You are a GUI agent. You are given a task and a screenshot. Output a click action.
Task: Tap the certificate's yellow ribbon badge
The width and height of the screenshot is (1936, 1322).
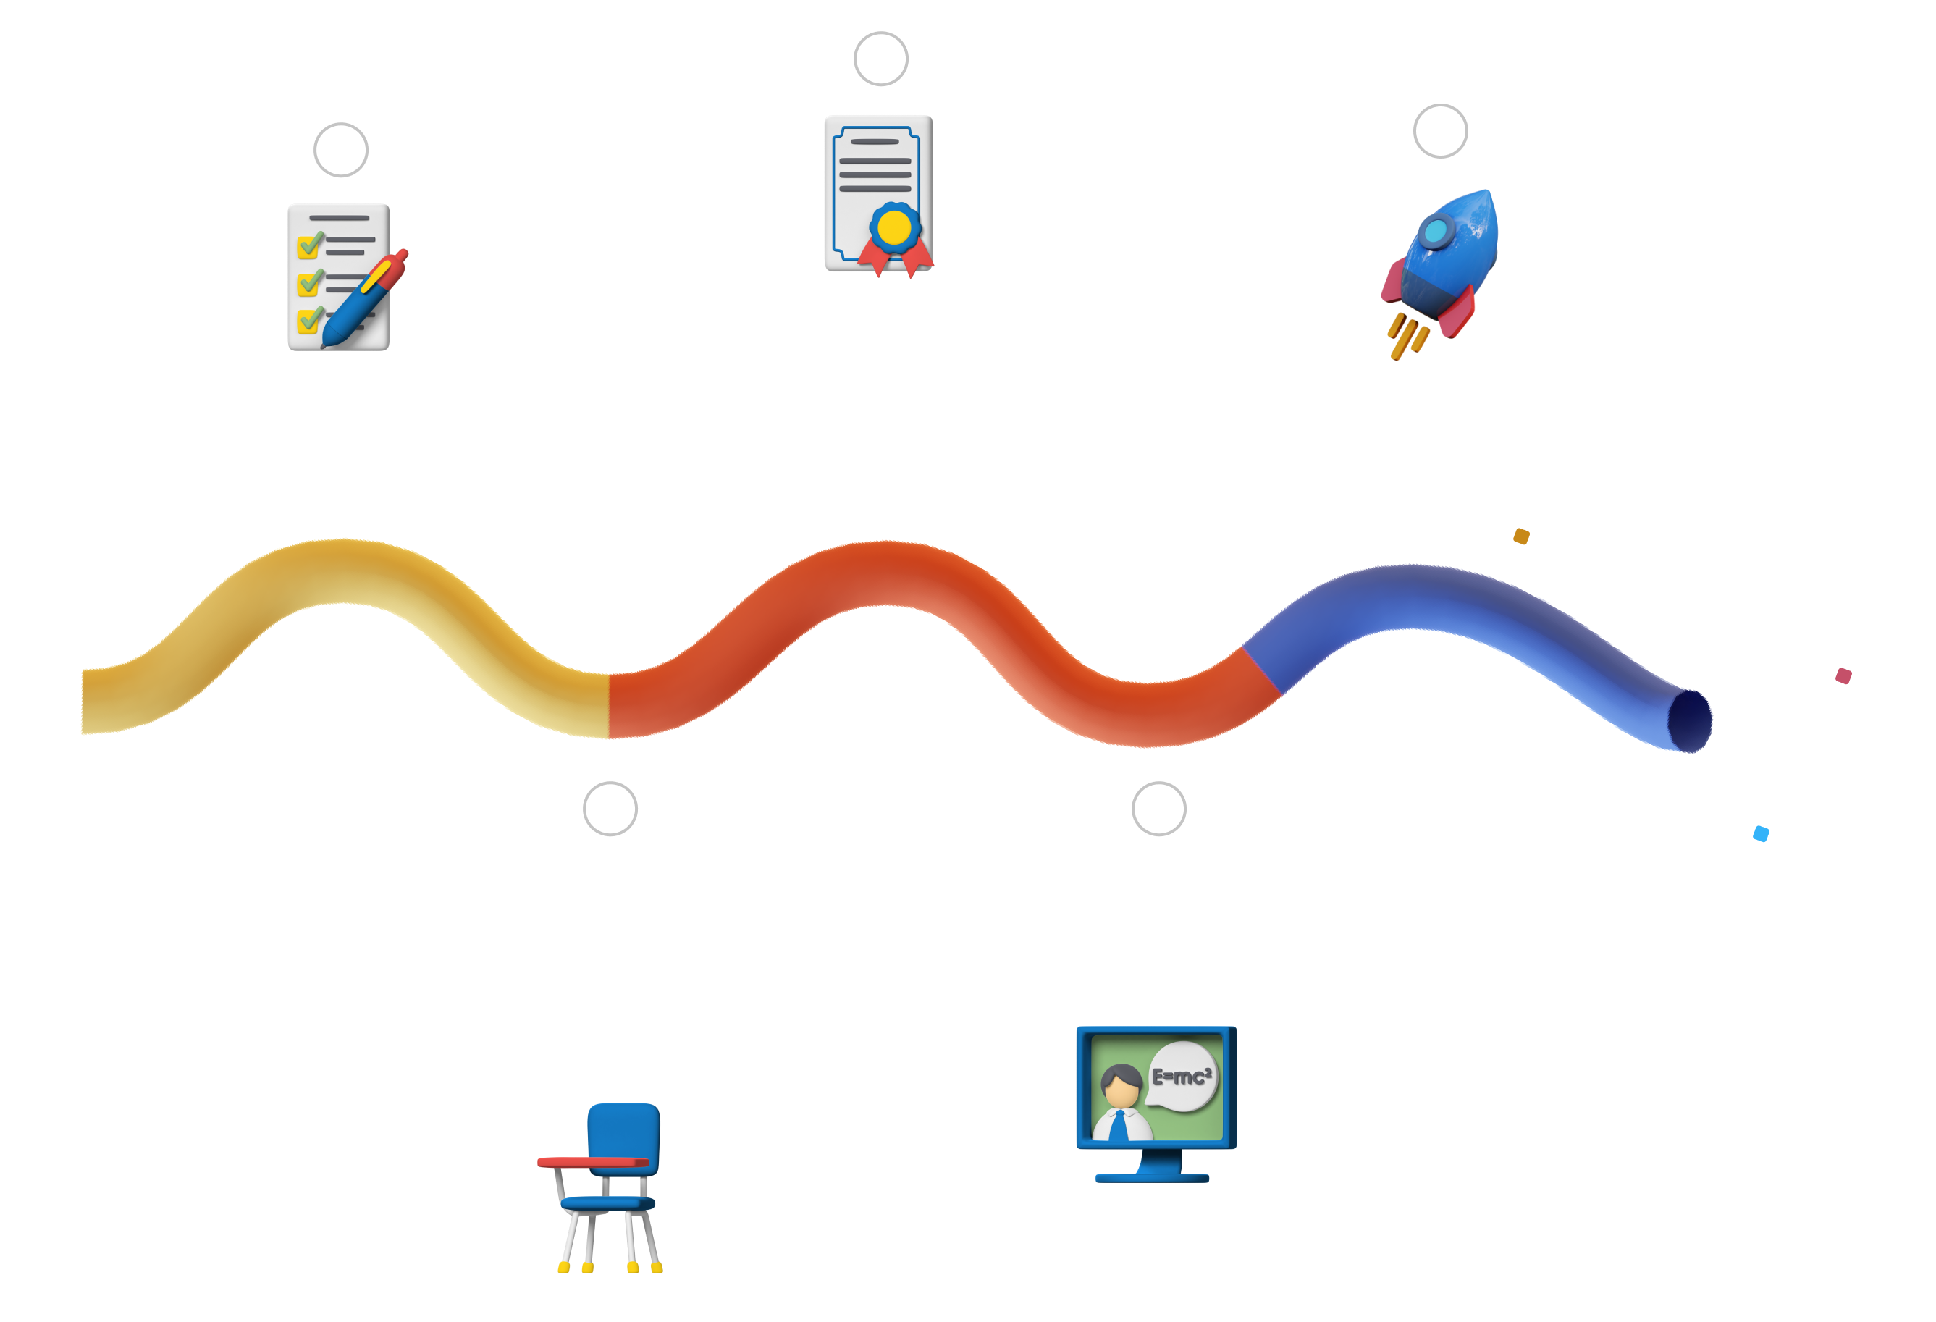[x=895, y=228]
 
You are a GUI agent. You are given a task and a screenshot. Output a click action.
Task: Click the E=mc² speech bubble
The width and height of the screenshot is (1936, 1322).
[x=1182, y=1077]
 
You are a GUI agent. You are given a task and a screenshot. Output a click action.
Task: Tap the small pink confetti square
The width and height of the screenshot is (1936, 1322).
[x=1843, y=675]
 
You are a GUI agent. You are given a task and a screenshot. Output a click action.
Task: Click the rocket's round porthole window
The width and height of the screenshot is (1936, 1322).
[x=1435, y=232]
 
